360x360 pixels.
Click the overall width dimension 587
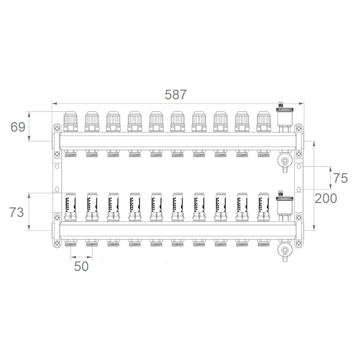tap(176, 94)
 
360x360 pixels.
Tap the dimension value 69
tap(18, 127)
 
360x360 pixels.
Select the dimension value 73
tap(17, 212)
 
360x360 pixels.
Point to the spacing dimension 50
tap(81, 266)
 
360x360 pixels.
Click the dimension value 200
tap(326, 198)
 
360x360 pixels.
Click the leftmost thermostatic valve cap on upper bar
tap(71, 122)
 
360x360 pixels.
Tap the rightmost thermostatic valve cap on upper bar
tap(264, 122)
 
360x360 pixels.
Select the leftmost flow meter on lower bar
tap(71, 207)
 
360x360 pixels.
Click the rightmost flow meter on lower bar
tap(264, 207)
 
